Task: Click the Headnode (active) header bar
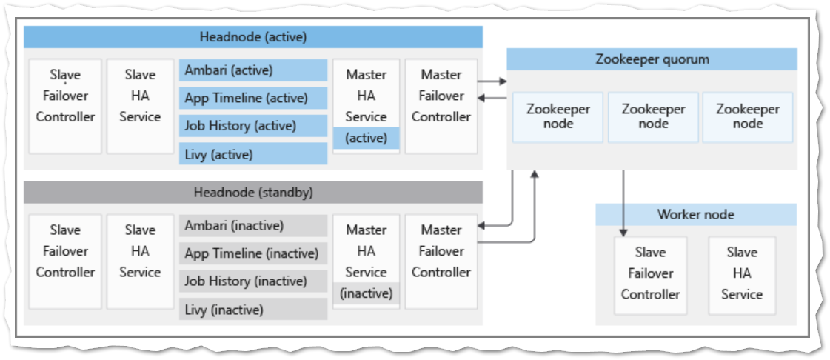pos(252,37)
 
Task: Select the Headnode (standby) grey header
pos(252,193)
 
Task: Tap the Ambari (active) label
pos(252,70)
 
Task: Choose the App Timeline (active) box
pos(252,98)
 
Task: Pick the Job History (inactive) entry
pos(252,281)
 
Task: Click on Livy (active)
pos(252,154)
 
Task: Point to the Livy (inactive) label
pos(252,309)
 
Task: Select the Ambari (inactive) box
pos(252,226)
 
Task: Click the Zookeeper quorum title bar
pos(652,59)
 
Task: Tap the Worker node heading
pos(695,215)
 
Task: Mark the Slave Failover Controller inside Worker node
pos(650,273)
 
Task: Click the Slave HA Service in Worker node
pos(741,273)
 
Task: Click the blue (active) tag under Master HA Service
pos(366,139)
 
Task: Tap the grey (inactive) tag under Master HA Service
pos(366,293)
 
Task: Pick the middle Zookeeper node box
pos(652,117)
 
